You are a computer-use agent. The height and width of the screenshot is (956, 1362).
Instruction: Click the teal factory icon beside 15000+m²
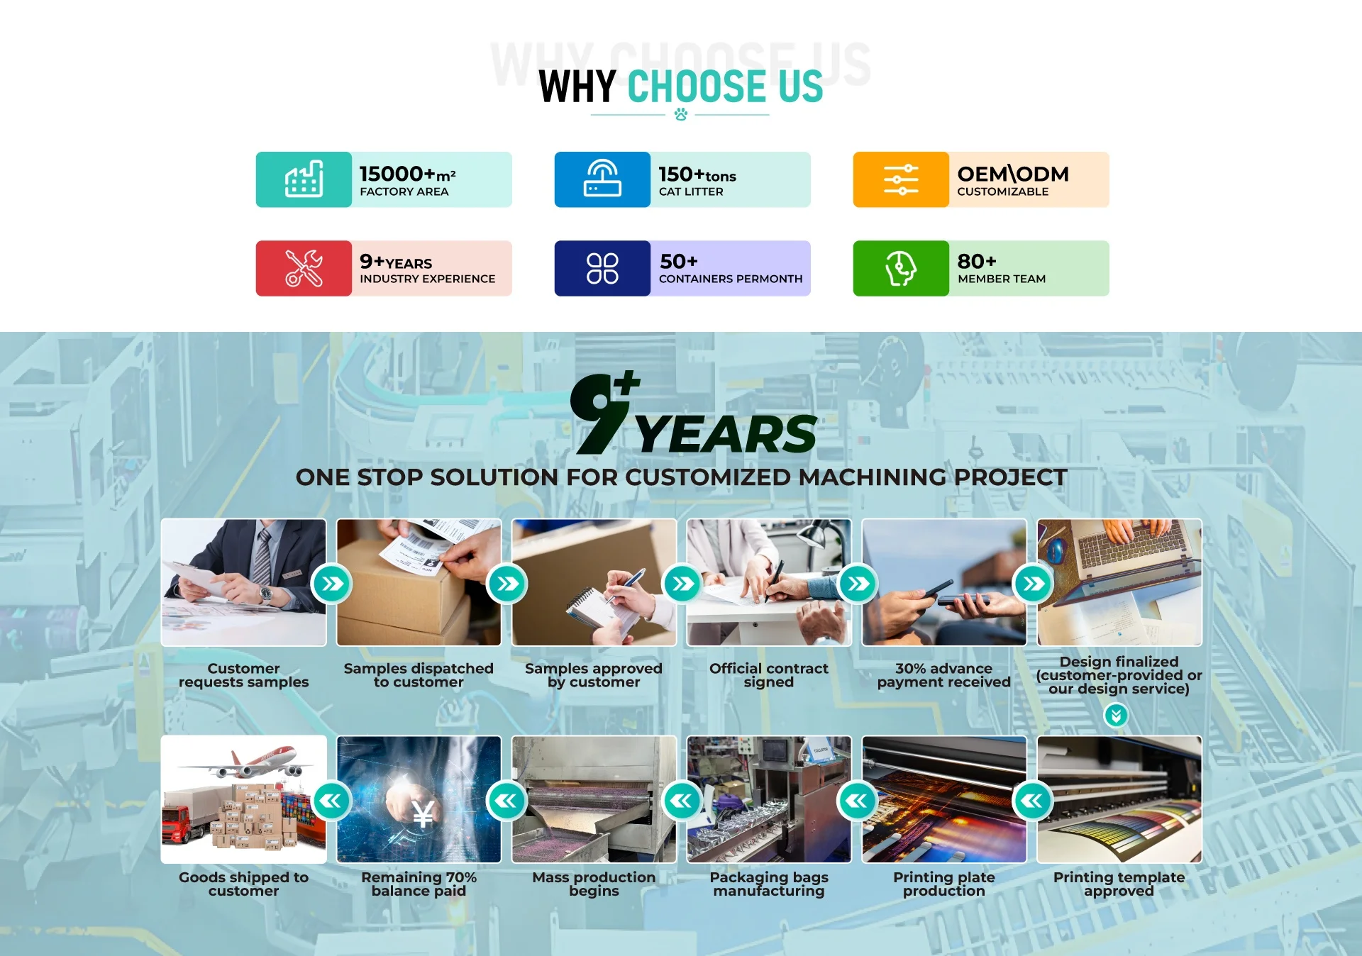304,179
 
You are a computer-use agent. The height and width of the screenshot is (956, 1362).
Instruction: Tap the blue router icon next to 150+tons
602,178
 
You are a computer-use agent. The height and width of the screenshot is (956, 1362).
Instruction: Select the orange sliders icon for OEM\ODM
901,179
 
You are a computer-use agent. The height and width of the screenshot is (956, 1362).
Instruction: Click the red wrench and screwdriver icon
304,268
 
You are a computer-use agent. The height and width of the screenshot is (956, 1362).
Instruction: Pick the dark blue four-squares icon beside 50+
602,268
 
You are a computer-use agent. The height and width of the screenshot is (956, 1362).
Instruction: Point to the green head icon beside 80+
901,268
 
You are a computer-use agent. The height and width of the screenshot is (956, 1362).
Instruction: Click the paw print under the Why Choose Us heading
681,114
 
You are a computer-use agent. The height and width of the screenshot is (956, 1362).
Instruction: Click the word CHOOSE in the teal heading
697,87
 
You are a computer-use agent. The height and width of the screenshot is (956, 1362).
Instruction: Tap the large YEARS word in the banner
725,433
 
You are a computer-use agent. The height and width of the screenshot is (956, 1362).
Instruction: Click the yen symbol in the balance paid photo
423,814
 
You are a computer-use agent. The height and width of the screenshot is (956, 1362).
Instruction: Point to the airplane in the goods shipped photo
245,764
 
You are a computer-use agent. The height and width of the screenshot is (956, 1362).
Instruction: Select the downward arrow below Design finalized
1117,716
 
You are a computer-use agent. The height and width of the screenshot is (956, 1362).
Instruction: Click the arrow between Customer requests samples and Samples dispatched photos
332,584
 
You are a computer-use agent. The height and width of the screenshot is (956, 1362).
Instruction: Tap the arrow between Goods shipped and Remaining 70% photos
332,801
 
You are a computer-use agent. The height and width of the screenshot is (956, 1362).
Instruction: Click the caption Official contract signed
769,675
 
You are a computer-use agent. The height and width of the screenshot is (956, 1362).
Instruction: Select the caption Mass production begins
594,884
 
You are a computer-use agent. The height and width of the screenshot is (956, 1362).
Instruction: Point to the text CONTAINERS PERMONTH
731,279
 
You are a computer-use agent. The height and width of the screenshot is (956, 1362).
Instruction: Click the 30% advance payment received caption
944,675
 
